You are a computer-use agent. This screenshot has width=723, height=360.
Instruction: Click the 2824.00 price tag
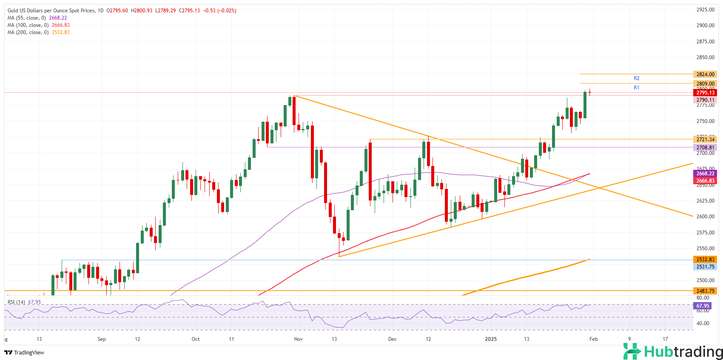(x=705, y=74)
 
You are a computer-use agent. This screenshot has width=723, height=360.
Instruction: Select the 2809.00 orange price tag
(x=705, y=84)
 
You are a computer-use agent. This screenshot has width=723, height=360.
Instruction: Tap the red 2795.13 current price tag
(x=705, y=93)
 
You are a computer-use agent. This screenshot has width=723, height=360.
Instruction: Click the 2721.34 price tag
(x=705, y=140)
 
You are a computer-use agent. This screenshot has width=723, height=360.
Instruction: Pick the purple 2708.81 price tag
(x=705, y=148)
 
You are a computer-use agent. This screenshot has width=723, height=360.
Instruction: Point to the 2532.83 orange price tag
(x=705, y=260)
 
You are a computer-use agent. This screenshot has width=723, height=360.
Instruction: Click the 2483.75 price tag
(x=705, y=291)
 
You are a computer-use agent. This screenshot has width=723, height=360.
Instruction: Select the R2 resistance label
(x=636, y=78)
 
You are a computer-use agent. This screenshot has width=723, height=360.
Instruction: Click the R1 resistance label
(x=636, y=88)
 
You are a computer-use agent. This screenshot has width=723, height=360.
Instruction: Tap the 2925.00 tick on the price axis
(x=705, y=9)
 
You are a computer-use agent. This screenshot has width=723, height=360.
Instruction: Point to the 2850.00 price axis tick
(x=705, y=57)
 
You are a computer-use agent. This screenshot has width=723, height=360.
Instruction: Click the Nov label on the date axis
(x=298, y=339)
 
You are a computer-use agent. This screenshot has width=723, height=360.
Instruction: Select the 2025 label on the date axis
(x=491, y=339)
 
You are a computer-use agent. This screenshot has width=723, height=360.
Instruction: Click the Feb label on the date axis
(x=593, y=339)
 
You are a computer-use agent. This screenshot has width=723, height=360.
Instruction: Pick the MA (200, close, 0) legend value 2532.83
(x=61, y=32)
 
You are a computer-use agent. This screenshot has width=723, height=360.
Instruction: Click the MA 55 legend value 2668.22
(x=58, y=18)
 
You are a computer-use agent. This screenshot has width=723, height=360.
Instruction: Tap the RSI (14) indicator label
(x=17, y=302)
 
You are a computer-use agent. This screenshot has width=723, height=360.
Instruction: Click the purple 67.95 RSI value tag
(x=703, y=306)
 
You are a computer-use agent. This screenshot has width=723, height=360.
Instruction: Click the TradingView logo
(x=25, y=352)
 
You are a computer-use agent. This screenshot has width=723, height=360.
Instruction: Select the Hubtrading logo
(x=673, y=351)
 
